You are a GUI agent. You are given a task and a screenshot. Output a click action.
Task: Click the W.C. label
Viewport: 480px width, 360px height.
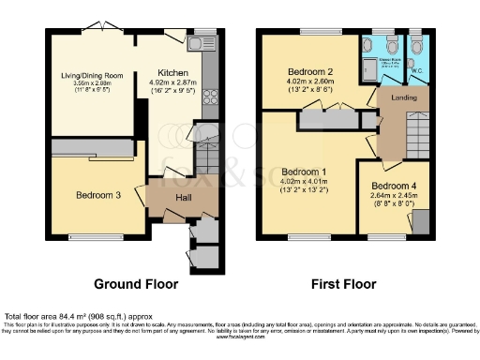coord(415,67)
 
